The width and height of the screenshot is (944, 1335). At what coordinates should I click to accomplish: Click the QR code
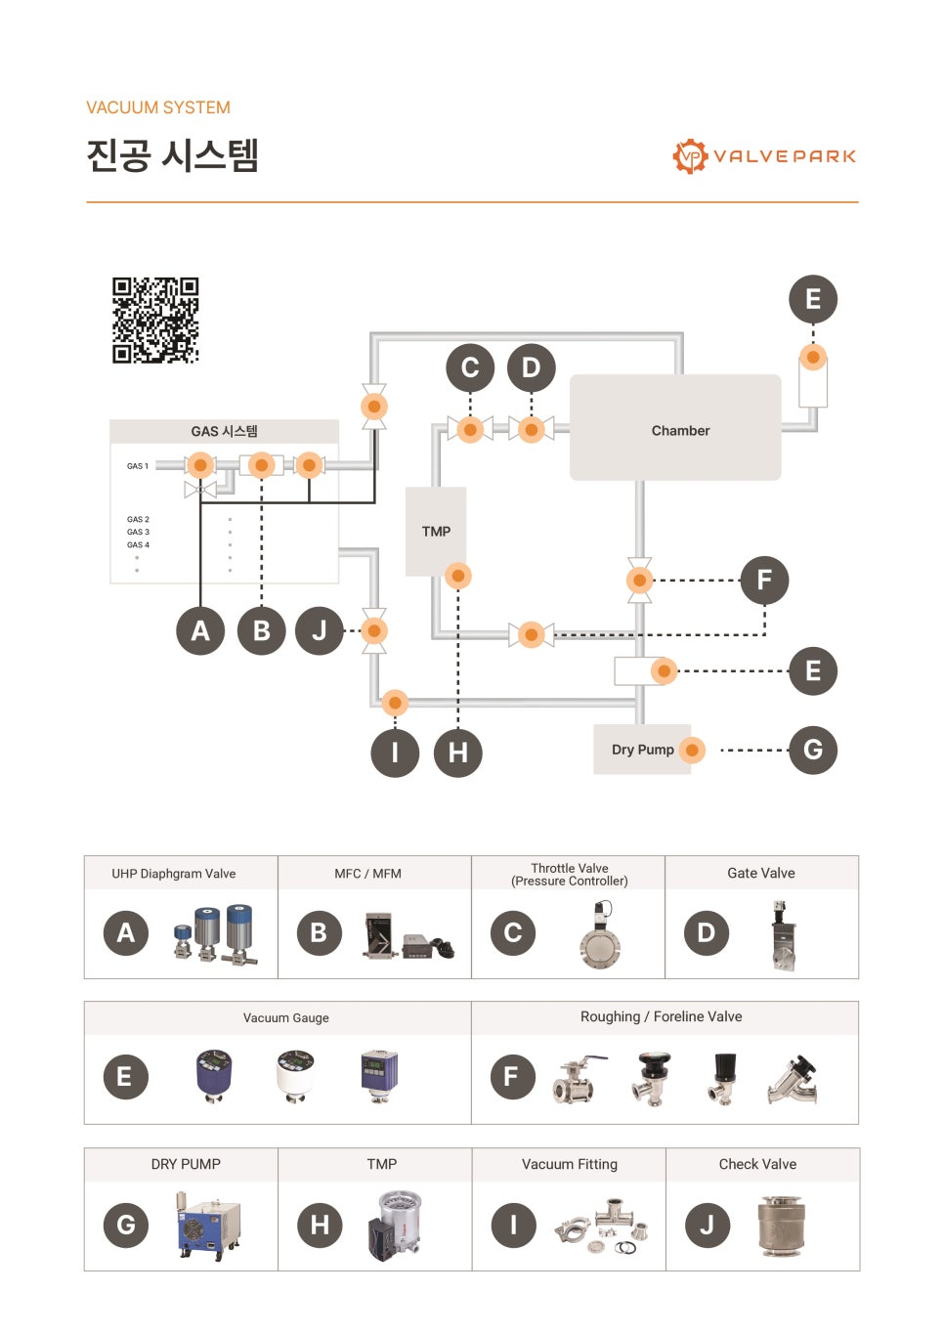click(x=155, y=320)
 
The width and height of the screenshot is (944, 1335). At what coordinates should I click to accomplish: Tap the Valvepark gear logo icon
click(x=690, y=156)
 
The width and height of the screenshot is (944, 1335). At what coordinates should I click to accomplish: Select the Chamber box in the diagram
click(x=675, y=427)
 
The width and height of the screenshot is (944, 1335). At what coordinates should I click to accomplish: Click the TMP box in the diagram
click(x=436, y=532)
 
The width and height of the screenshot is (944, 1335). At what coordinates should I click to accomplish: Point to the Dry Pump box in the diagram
click(x=642, y=750)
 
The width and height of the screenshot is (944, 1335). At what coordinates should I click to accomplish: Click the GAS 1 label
click(x=138, y=466)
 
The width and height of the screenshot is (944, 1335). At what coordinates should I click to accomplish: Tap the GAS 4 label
click(x=138, y=544)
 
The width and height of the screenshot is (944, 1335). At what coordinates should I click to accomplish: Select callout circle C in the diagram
click(x=470, y=367)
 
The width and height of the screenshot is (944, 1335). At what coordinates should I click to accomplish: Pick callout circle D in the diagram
click(x=531, y=367)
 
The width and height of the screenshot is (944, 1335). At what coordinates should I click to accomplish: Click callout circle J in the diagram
click(x=320, y=630)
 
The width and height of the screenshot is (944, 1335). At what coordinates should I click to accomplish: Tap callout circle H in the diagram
click(x=457, y=753)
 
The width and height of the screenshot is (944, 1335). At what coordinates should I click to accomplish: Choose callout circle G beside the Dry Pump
click(x=813, y=750)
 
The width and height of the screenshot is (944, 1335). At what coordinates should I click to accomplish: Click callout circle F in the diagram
click(x=764, y=580)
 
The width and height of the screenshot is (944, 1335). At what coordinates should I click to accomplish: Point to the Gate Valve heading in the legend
click(x=761, y=873)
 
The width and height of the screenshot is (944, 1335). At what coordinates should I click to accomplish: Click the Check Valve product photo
click(x=782, y=1227)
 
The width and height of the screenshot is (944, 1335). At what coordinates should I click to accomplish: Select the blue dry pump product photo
click(x=207, y=1226)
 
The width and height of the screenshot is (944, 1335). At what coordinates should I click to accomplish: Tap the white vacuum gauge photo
click(x=295, y=1076)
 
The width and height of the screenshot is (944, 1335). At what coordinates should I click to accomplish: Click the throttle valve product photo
click(x=600, y=934)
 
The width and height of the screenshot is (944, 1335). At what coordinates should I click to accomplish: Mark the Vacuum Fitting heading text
click(x=570, y=1164)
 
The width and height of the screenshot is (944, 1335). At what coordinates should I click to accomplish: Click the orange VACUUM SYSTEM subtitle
click(x=158, y=108)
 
